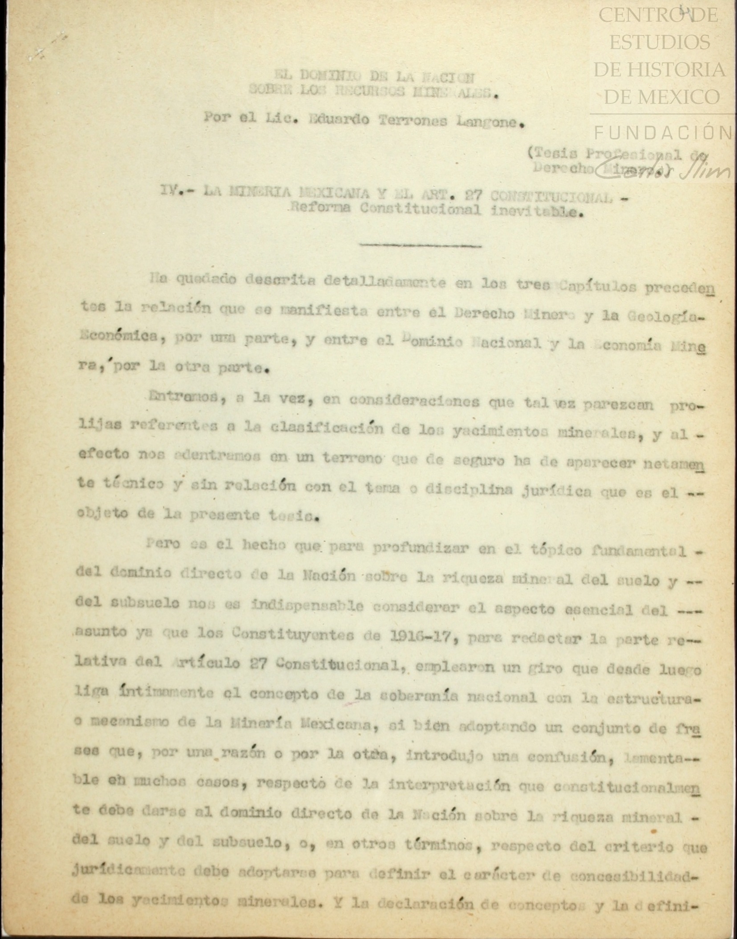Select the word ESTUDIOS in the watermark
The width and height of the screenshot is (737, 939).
(x=659, y=43)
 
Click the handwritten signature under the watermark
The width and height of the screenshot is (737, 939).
(x=662, y=170)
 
